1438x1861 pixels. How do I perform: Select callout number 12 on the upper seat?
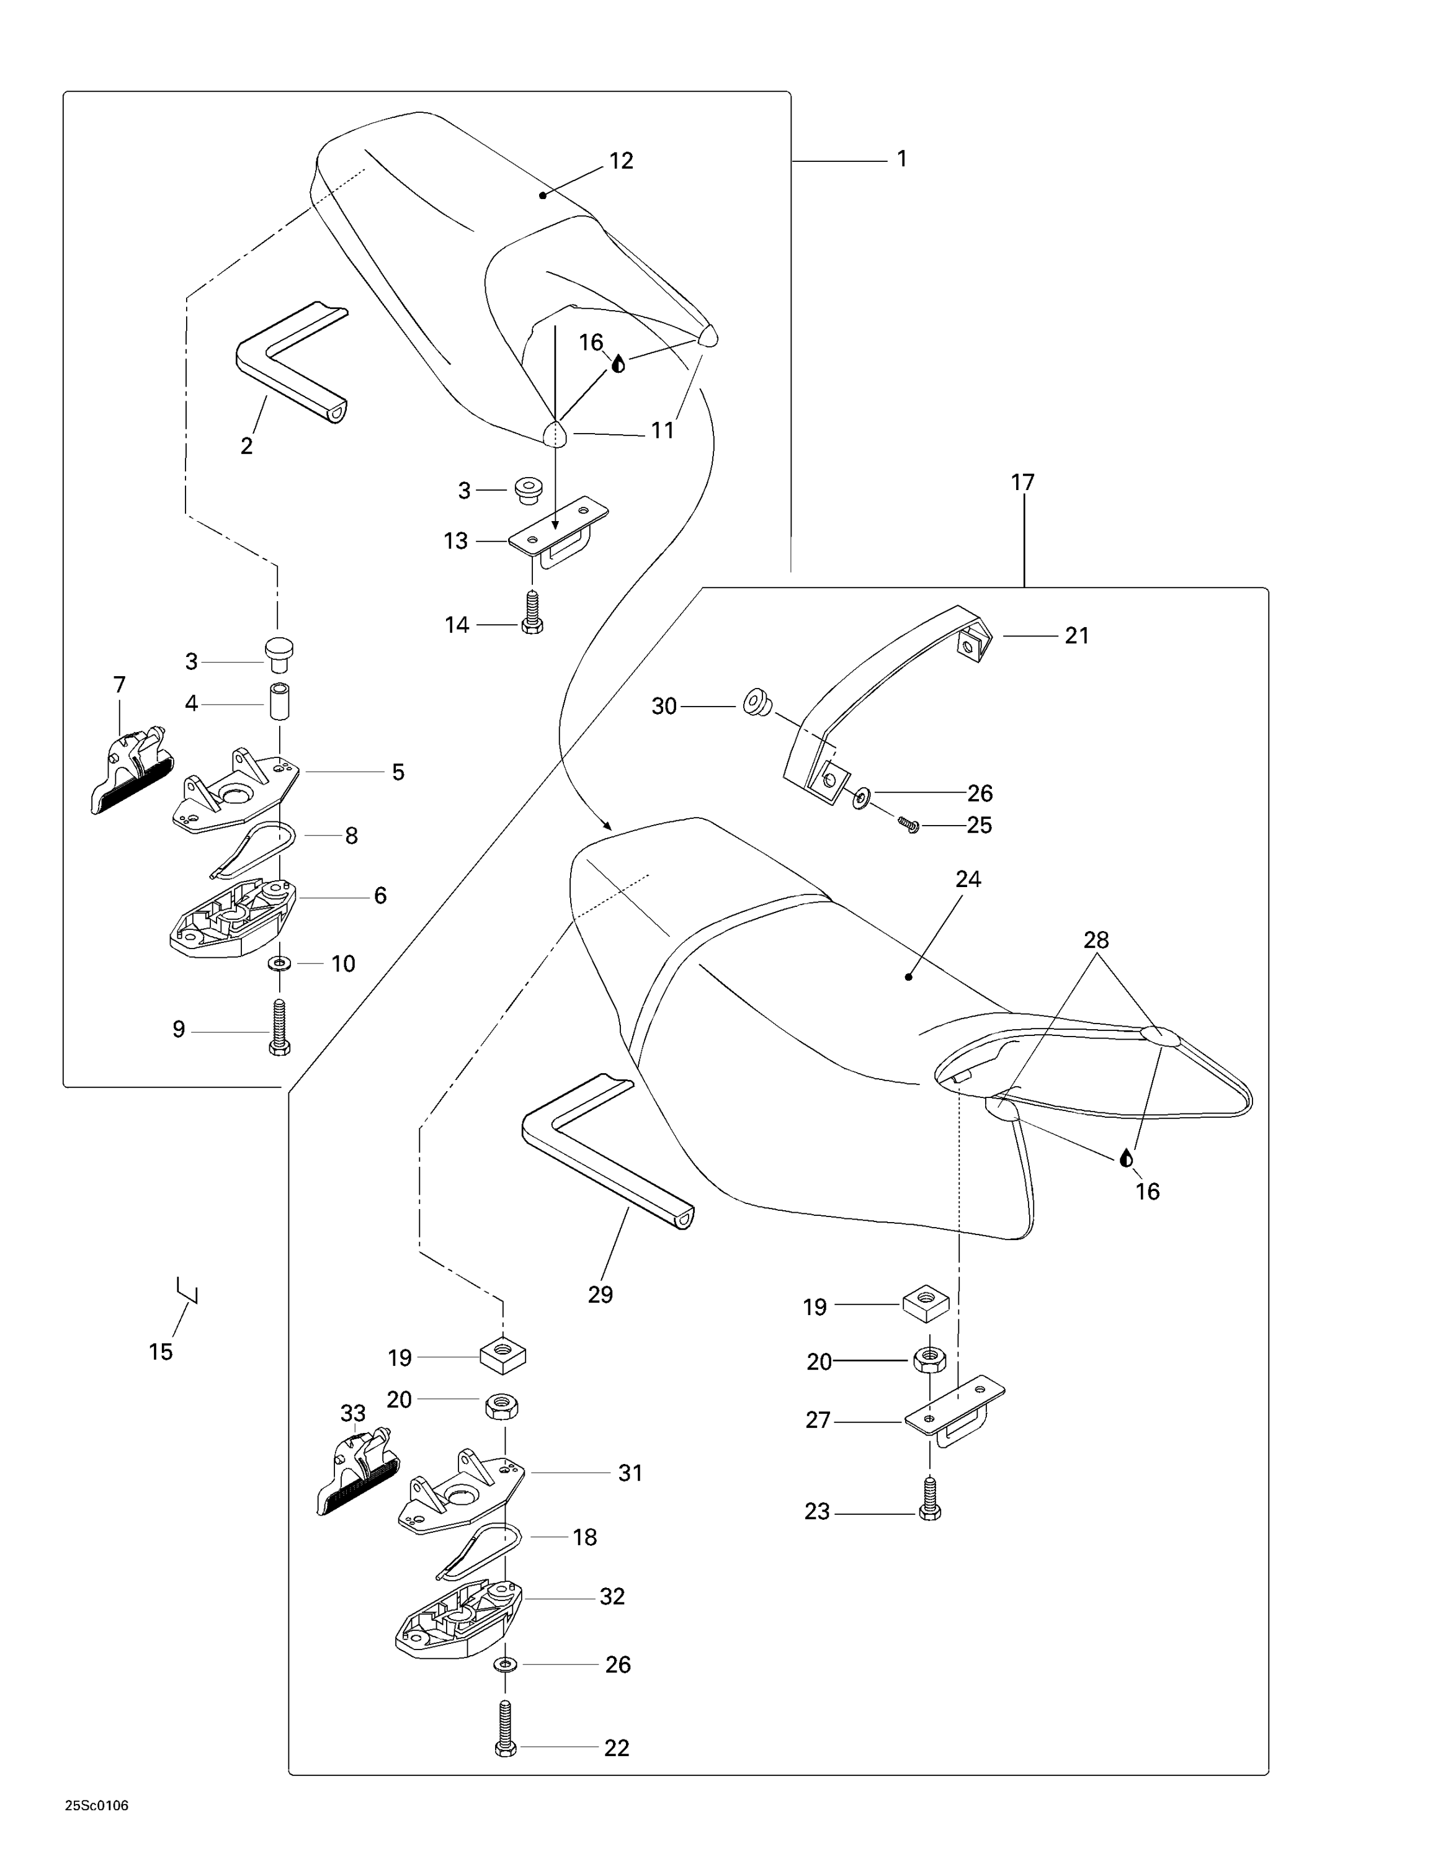[x=621, y=161]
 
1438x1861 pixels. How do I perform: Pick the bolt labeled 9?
[x=279, y=1029]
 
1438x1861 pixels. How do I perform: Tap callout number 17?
[x=1022, y=482]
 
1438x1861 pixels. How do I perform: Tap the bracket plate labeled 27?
[x=954, y=1414]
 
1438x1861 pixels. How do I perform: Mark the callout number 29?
[x=600, y=1295]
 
